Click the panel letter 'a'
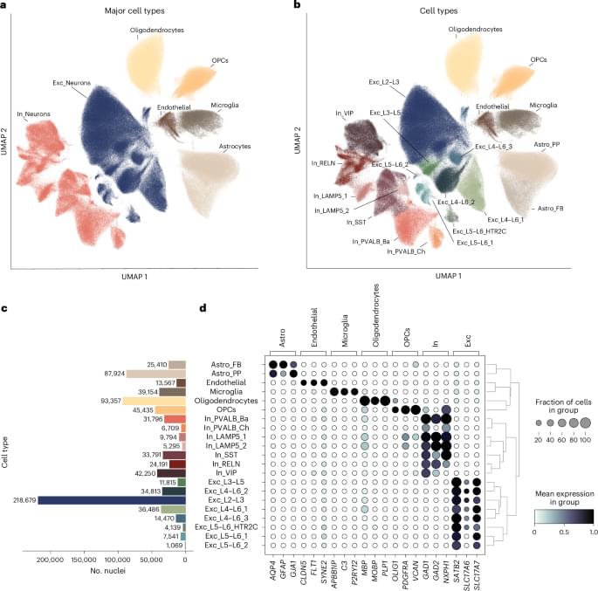coord(5,6)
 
